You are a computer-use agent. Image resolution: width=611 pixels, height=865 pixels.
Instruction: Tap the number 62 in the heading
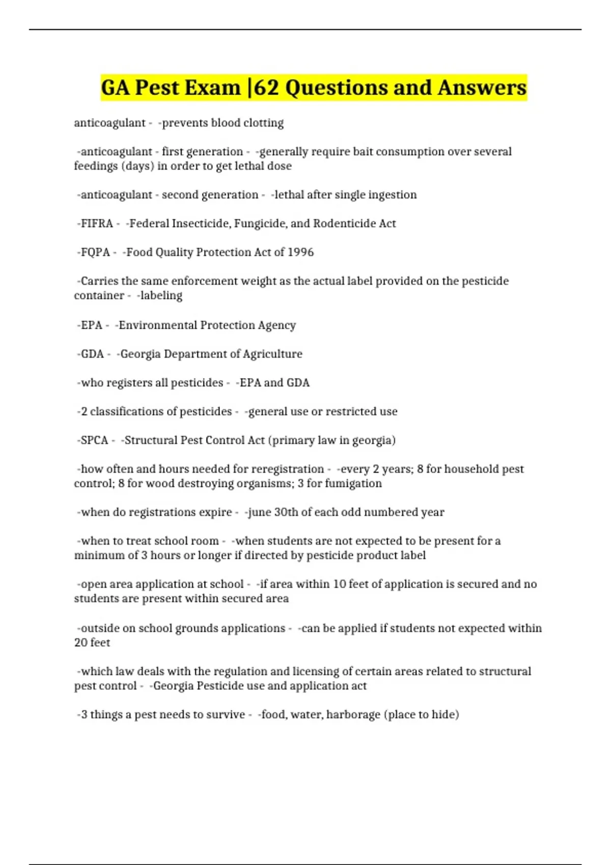(266, 88)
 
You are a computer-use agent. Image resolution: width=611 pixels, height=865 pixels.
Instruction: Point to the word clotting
(263, 123)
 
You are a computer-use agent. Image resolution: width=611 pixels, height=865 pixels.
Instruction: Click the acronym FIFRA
(97, 223)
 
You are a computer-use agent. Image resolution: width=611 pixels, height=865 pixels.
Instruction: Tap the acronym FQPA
(95, 252)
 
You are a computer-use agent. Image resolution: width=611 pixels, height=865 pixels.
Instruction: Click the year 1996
(300, 252)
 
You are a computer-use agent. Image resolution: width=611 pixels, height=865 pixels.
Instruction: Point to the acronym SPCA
(94, 440)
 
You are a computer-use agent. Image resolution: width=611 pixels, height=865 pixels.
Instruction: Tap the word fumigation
(353, 483)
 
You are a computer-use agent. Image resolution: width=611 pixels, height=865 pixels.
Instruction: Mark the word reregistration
(288, 469)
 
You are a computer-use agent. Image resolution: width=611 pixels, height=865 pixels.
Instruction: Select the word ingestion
(392, 195)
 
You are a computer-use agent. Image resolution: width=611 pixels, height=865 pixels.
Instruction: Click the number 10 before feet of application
(340, 584)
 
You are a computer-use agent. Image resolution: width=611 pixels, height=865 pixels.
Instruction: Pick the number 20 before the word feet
(81, 643)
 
